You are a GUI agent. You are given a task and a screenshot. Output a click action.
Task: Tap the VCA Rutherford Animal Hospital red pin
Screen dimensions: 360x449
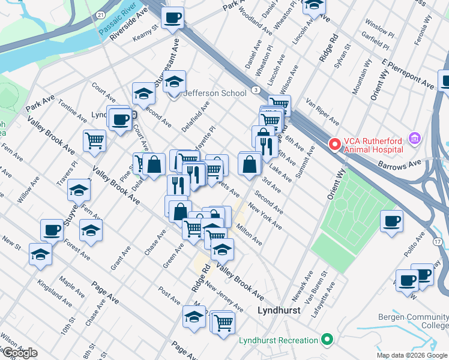pyautogui.click(x=334, y=145)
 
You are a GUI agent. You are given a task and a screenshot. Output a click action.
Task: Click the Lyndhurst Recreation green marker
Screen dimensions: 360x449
pyautogui.click(x=327, y=340)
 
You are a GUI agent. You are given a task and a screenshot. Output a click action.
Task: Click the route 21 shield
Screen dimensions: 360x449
pyautogui.click(x=101, y=14)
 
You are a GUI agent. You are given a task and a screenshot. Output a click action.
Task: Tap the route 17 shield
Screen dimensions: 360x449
pyautogui.click(x=438, y=241)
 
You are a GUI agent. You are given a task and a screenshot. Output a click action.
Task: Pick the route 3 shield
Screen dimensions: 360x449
pyautogui.click(x=256, y=89)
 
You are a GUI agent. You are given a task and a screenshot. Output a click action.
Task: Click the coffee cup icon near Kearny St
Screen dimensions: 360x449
pyautogui.click(x=173, y=18)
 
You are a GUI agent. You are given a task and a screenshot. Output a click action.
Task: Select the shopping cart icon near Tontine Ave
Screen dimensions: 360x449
pyautogui.click(x=95, y=140)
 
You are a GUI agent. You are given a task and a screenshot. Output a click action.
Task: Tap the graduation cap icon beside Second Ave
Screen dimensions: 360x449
pyautogui.click(x=144, y=93)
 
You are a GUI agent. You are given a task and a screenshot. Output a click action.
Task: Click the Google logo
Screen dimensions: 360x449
pyautogui.click(x=20, y=353)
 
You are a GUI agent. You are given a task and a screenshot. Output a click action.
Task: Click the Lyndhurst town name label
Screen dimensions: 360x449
pyautogui.click(x=278, y=311)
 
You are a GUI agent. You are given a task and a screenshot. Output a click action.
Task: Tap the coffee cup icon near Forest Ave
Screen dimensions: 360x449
pyautogui.click(x=52, y=230)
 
